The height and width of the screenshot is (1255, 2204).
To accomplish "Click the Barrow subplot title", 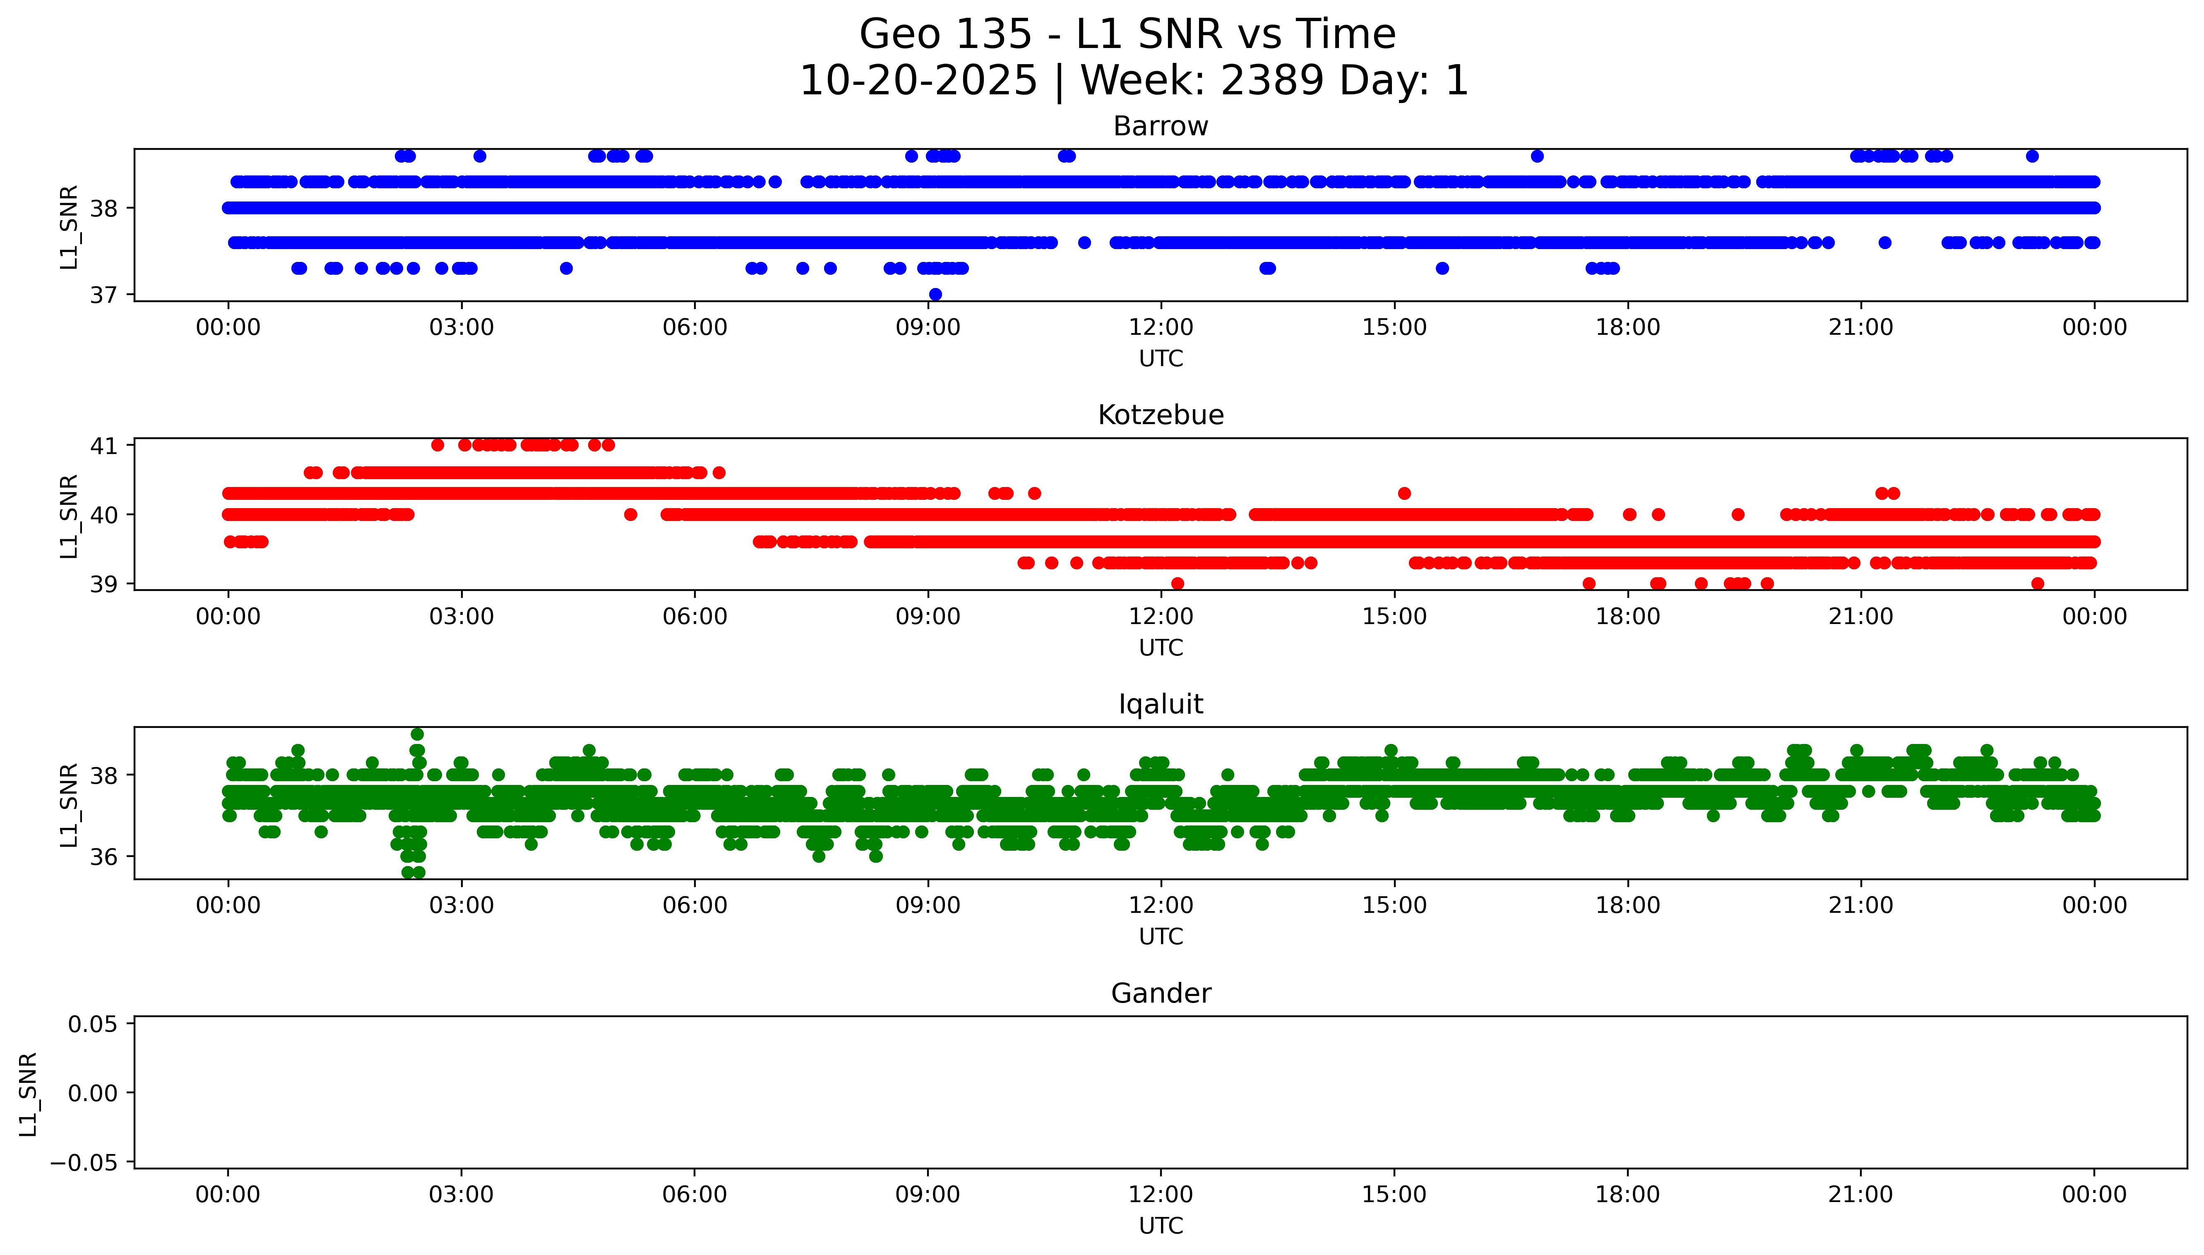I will click(1160, 127).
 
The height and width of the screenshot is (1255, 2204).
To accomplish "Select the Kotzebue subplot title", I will click(1160, 415).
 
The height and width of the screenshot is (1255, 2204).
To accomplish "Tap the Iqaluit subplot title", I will click(1160, 704).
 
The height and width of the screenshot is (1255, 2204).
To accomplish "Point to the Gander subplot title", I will click(1160, 994).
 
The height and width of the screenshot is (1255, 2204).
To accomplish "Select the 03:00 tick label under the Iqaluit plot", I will click(461, 906).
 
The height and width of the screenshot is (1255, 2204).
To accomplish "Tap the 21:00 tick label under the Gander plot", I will click(1861, 1195).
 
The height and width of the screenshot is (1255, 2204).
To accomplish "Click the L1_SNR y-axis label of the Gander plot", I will click(29, 1093).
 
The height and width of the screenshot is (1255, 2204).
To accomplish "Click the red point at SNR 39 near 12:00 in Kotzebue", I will click(1178, 583).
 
